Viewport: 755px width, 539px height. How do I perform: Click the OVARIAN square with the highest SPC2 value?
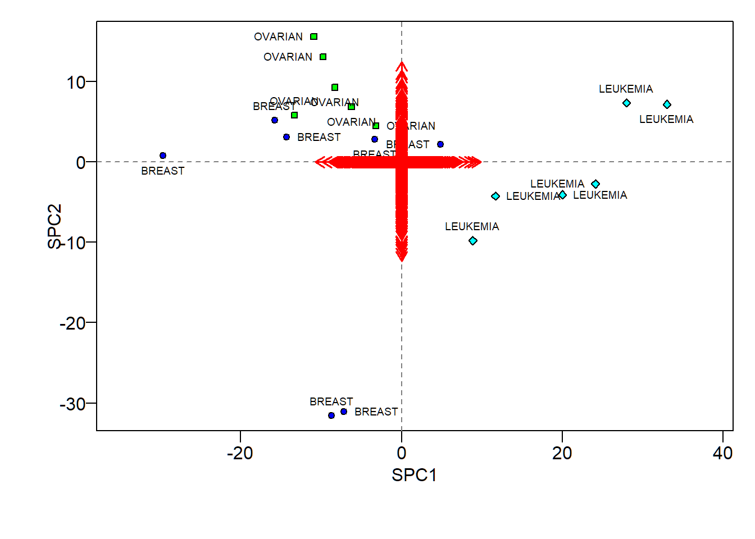click(314, 36)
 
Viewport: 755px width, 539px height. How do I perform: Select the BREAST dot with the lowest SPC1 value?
click(163, 156)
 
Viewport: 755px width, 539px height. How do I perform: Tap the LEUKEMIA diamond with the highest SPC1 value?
click(667, 104)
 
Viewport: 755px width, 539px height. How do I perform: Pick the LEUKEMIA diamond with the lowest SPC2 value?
click(473, 241)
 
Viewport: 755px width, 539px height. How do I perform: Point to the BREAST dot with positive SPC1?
click(440, 144)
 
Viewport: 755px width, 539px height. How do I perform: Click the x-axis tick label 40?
click(722, 453)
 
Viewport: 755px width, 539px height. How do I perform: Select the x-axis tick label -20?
click(240, 453)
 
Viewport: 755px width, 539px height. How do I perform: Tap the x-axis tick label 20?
click(562, 453)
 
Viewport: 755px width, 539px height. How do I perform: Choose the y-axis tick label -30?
click(72, 404)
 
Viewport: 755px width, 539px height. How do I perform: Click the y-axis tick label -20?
click(72, 323)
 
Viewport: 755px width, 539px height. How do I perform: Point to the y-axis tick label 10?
click(76, 83)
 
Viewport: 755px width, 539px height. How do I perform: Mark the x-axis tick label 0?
click(401, 453)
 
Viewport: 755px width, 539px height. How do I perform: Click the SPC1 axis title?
click(414, 475)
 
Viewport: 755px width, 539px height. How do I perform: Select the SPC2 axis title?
click(54, 226)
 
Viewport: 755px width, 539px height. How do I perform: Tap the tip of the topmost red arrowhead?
click(402, 61)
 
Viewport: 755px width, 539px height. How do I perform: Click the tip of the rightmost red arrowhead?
click(481, 162)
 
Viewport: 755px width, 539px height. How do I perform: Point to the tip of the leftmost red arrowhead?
click(315, 162)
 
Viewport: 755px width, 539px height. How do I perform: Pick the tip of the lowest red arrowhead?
click(402, 261)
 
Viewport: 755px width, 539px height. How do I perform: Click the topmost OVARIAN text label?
click(278, 36)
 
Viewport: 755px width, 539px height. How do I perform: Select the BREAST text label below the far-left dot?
click(162, 171)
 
